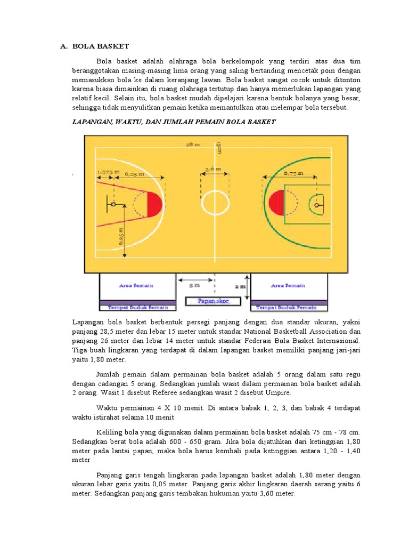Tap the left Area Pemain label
coord(136,286)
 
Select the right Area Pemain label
coord(288,286)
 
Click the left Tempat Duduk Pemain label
coord(138,308)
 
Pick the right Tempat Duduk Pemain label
coord(287,308)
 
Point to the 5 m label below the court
coord(195,286)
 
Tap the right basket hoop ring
coord(317,205)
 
